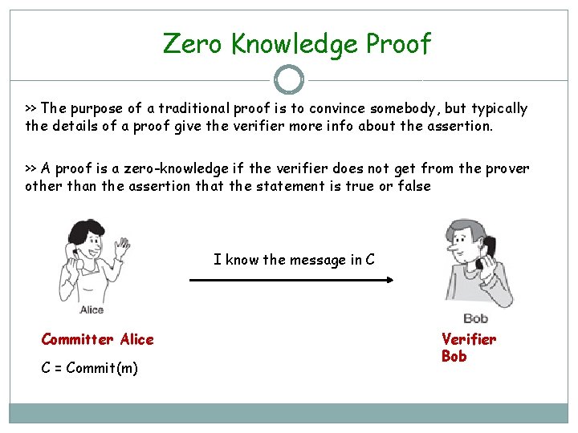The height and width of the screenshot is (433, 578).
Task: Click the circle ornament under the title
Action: coord(289,79)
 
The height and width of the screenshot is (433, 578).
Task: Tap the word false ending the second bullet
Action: coord(413,186)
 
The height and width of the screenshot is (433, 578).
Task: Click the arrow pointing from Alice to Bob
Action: coord(291,280)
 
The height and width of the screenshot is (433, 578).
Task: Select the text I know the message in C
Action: coord(294,259)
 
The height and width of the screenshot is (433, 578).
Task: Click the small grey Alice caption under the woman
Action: coord(92,310)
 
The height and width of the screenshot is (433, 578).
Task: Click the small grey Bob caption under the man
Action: coord(475,318)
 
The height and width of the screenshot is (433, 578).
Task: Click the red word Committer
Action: coord(78,339)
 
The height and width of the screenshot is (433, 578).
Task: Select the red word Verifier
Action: coord(469,339)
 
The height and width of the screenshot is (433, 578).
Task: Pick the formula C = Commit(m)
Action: coord(90,368)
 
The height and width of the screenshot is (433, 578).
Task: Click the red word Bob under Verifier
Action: coord(454,356)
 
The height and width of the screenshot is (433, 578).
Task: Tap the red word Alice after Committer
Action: coord(136,339)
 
